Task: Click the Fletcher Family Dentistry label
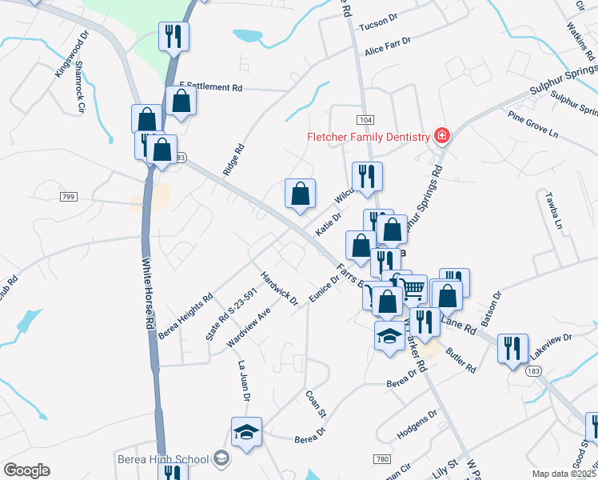point(369,137)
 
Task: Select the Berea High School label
point(163,459)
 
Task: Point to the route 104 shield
point(365,119)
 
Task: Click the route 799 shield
point(67,195)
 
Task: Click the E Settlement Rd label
point(210,86)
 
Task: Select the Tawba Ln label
point(555,210)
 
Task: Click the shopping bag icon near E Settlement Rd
point(182,101)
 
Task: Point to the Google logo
point(26,470)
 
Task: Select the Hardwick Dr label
point(279,290)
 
